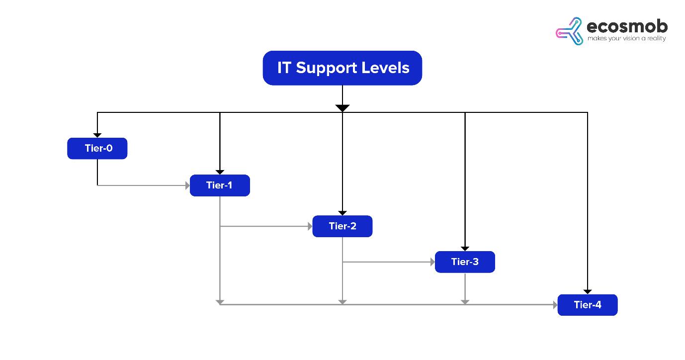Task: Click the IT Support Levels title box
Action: pos(342,68)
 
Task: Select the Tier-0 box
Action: pos(97,148)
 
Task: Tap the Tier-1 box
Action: pos(220,185)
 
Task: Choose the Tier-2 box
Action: pos(342,226)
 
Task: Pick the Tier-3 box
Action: pos(465,262)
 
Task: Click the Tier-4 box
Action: pos(588,305)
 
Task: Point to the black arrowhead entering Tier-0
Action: pos(97,135)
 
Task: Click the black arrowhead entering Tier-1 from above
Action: pos(220,172)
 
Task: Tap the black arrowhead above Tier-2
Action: pos(342,213)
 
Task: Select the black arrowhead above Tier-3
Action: pos(465,248)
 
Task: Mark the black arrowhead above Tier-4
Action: pos(588,291)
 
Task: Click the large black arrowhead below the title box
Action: pos(342,108)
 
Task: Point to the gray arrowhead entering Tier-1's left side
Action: pos(187,185)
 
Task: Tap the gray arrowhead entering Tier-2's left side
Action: pos(310,226)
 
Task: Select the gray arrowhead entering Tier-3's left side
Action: pos(432,262)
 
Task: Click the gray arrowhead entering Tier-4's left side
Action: pos(555,305)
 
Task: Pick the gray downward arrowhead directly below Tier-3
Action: pos(465,301)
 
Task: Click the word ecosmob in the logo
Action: pos(627,26)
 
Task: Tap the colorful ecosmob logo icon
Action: pos(569,31)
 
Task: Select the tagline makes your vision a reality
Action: pos(626,39)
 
